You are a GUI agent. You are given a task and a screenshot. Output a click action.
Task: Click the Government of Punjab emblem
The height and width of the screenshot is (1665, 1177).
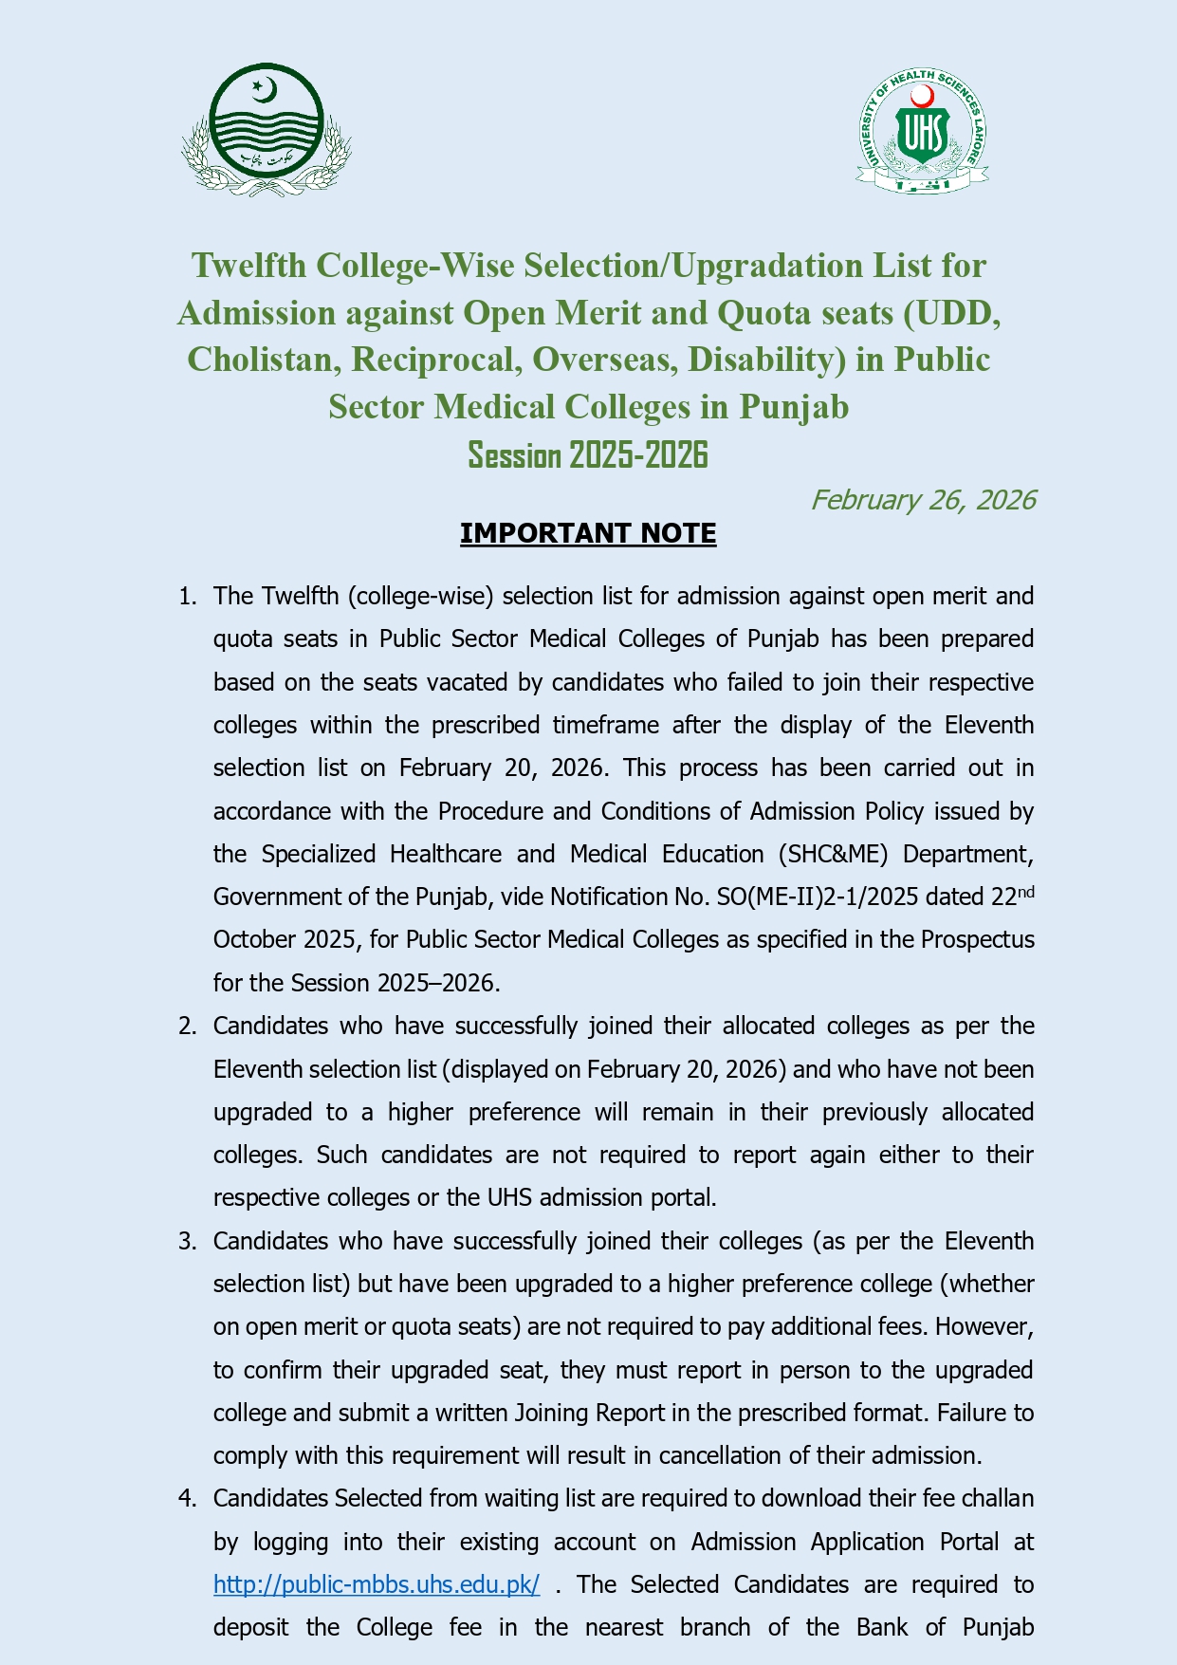coord(267,130)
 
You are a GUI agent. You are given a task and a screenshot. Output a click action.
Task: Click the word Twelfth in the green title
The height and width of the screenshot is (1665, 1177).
coord(248,266)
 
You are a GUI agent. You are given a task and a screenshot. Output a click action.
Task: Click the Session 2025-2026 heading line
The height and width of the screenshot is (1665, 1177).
coord(588,455)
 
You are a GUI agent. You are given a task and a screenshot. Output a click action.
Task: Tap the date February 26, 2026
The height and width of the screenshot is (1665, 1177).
coord(923,500)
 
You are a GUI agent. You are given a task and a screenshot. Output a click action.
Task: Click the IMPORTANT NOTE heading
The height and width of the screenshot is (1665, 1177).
coord(588,533)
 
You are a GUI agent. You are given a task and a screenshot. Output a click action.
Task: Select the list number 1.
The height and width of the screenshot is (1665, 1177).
coord(187,597)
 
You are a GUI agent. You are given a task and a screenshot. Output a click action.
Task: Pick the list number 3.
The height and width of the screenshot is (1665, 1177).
coord(187,1242)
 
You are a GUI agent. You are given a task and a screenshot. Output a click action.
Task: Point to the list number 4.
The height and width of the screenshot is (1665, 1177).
coord(187,1499)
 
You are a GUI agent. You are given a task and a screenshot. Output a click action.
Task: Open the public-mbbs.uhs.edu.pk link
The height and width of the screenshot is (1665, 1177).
coord(377,1585)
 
